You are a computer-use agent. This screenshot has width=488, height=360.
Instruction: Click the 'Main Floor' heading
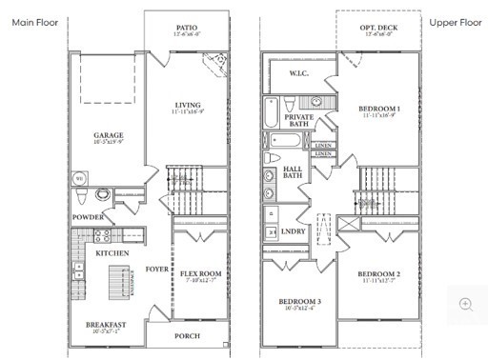(x=33, y=20)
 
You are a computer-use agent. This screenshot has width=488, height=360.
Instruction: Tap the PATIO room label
(x=188, y=29)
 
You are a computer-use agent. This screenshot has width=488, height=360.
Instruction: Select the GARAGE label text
(x=109, y=135)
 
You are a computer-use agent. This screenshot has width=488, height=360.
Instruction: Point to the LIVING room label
(x=188, y=105)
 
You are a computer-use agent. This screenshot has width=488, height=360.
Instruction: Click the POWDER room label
(x=88, y=217)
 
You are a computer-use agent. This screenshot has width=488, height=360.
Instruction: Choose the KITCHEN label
(x=112, y=253)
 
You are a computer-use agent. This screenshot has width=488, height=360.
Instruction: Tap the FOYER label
(x=154, y=270)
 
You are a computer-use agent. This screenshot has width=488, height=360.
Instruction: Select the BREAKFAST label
(x=105, y=324)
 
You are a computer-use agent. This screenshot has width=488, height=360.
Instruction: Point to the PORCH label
(x=188, y=336)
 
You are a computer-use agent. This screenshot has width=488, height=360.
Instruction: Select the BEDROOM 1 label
(x=379, y=110)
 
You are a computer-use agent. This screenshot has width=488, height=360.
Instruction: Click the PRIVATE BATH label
(x=298, y=118)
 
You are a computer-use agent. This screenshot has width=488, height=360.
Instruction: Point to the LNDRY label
(x=294, y=231)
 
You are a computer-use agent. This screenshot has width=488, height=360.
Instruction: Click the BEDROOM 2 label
(x=378, y=274)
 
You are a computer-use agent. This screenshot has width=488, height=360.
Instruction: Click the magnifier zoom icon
(x=466, y=304)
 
